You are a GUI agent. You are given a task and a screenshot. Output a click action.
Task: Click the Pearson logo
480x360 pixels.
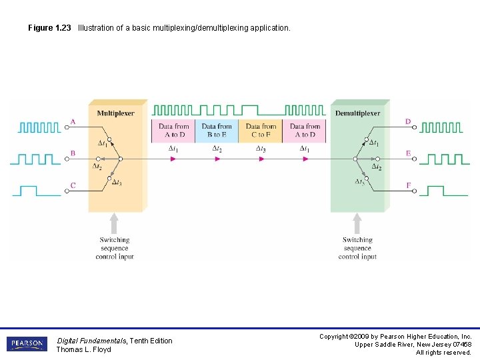coord(27,344)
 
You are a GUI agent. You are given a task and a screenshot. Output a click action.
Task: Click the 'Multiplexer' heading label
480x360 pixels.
coord(115,113)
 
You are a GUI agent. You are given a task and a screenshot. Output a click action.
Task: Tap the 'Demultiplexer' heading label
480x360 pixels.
coord(357,113)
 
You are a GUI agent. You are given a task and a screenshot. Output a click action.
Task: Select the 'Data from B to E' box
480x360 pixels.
coord(217,131)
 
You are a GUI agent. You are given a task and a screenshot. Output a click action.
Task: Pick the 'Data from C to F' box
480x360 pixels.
coord(261,131)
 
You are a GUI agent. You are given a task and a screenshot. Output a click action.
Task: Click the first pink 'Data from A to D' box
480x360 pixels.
coord(173,131)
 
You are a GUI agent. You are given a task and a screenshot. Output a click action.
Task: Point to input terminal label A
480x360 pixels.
coord(73,122)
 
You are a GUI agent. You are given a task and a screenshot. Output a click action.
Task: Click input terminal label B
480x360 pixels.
coord(73,153)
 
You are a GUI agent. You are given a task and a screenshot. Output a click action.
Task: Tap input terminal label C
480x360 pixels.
coord(73,185)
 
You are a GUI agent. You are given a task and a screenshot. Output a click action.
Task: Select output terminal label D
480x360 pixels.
coord(408,122)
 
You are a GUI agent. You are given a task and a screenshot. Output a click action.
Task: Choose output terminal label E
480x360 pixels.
coord(408,153)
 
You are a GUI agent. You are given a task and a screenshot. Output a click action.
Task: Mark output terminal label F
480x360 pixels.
coord(408,185)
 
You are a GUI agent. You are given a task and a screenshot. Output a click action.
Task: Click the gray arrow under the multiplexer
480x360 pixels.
coord(114,223)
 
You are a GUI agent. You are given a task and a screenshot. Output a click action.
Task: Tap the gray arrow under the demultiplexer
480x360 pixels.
coord(357,223)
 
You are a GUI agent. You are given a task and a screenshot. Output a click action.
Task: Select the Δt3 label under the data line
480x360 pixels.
coord(261,149)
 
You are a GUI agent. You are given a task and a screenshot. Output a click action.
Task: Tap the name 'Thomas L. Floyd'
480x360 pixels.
coord(83,349)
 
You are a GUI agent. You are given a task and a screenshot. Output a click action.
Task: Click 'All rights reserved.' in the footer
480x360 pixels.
coord(443,352)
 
